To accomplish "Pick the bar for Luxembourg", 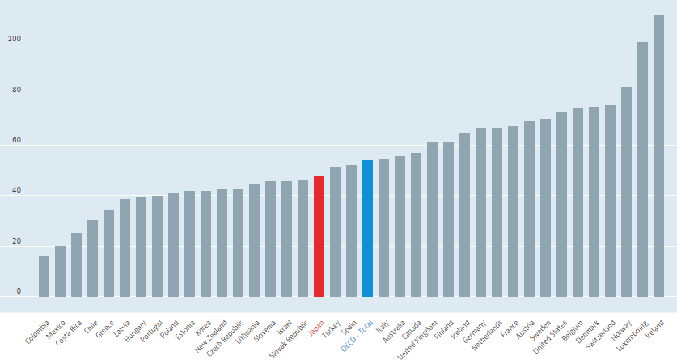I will coord(642,169).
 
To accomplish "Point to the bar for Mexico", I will coord(60,272).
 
